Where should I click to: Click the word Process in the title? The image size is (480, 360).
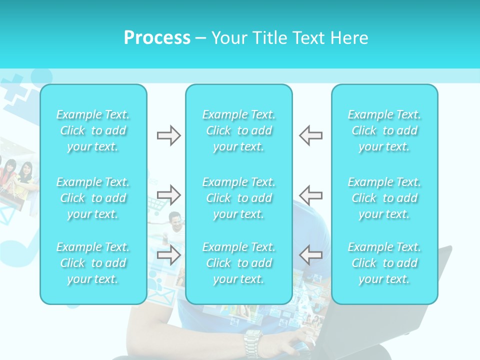point(157,38)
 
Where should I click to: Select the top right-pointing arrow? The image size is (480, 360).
point(168,135)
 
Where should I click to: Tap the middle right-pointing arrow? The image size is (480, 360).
point(168,194)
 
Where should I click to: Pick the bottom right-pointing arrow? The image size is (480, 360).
point(168,255)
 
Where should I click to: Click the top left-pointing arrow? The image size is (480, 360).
point(310,135)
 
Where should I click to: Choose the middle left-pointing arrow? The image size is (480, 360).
point(310,194)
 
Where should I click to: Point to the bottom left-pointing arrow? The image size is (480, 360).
point(310,255)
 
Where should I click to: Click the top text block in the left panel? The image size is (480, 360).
point(93,130)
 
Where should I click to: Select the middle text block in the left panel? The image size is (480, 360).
point(93,198)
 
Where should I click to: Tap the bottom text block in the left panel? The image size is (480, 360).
point(93,263)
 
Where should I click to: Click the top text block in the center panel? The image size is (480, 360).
point(239,130)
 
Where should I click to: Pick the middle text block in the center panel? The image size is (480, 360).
point(239,198)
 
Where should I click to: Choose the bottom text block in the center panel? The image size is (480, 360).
point(239,263)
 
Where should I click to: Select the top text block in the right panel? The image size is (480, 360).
point(384,130)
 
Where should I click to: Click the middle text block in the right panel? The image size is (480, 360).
point(384,198)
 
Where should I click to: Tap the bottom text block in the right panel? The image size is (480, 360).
point(384,263)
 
